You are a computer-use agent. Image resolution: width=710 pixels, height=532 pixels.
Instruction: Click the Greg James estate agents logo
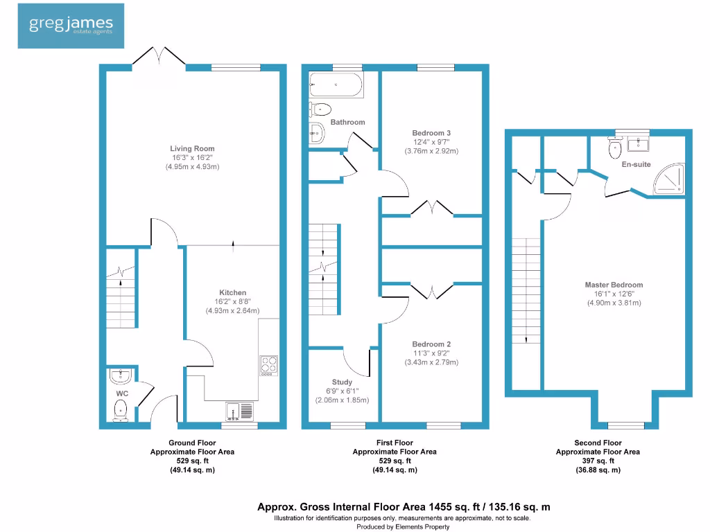[71, 26]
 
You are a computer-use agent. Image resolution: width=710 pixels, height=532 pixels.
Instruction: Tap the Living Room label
[192, 148]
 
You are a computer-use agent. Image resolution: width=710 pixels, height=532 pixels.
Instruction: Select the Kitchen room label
[232, 293]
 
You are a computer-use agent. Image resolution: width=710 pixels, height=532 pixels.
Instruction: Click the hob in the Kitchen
[268, 365]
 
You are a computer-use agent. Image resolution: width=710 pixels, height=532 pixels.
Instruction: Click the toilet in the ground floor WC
[121, 408]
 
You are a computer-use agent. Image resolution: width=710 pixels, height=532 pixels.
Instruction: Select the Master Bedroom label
[614, 285]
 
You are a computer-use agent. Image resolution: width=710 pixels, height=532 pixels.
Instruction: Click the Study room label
[342, 382]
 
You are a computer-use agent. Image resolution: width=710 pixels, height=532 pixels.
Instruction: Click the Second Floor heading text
[598, 443]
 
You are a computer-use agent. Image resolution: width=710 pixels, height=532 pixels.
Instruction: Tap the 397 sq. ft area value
[598, 461]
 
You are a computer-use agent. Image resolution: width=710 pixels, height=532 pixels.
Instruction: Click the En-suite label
[635, 164]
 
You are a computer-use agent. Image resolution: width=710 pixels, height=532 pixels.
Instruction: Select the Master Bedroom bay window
[621, 424]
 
